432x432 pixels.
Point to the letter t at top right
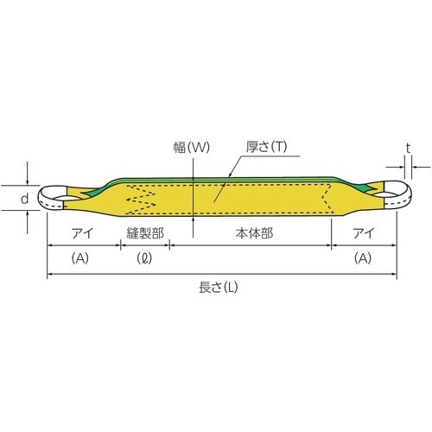[408, 147]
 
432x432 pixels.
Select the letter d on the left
[26, 199]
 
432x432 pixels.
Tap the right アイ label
[364, 232]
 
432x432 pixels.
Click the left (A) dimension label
[82, 257]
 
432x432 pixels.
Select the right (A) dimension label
[364, 257]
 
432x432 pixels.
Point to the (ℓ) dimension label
[145, 257]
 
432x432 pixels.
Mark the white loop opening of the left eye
[59, 198]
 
